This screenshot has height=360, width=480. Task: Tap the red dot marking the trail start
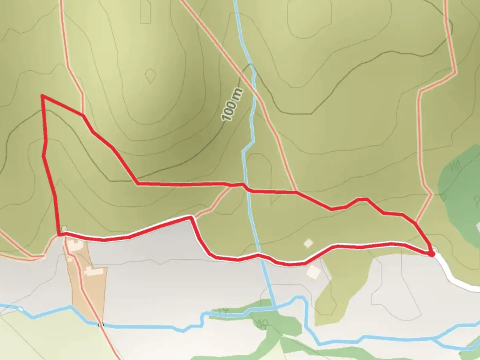431,254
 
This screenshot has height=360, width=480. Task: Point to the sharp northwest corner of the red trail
42,96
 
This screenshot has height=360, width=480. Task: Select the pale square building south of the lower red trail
313,272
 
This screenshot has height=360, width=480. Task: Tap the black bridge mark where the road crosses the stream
100,324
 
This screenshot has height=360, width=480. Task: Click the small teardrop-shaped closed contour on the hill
151,76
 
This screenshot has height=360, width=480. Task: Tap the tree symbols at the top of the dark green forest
455,165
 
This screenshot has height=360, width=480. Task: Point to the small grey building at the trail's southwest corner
64,228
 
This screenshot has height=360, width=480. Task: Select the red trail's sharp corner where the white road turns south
191,217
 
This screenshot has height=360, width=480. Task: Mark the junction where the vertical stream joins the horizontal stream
275,307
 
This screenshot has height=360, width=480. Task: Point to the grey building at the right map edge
478,227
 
